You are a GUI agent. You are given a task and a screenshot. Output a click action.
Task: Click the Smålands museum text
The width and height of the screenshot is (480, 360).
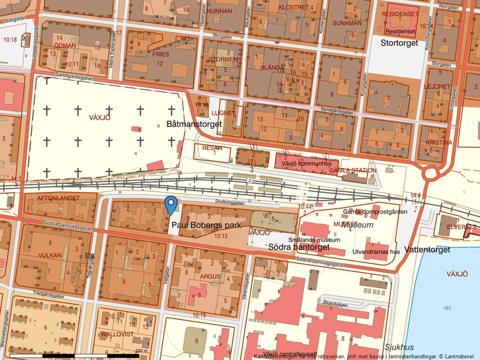coord(314,238)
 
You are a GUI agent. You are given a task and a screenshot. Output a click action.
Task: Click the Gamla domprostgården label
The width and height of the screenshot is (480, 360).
coord(375,212)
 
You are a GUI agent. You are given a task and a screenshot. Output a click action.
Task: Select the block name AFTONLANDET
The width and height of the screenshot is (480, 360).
coord(58,198)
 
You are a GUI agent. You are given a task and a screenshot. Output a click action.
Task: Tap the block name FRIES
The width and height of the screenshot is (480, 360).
coord(160,54)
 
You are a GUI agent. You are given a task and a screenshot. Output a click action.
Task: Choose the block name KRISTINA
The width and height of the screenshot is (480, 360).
coord(439,142)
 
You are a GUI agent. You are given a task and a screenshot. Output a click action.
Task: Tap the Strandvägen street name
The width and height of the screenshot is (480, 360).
coord(335,303)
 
